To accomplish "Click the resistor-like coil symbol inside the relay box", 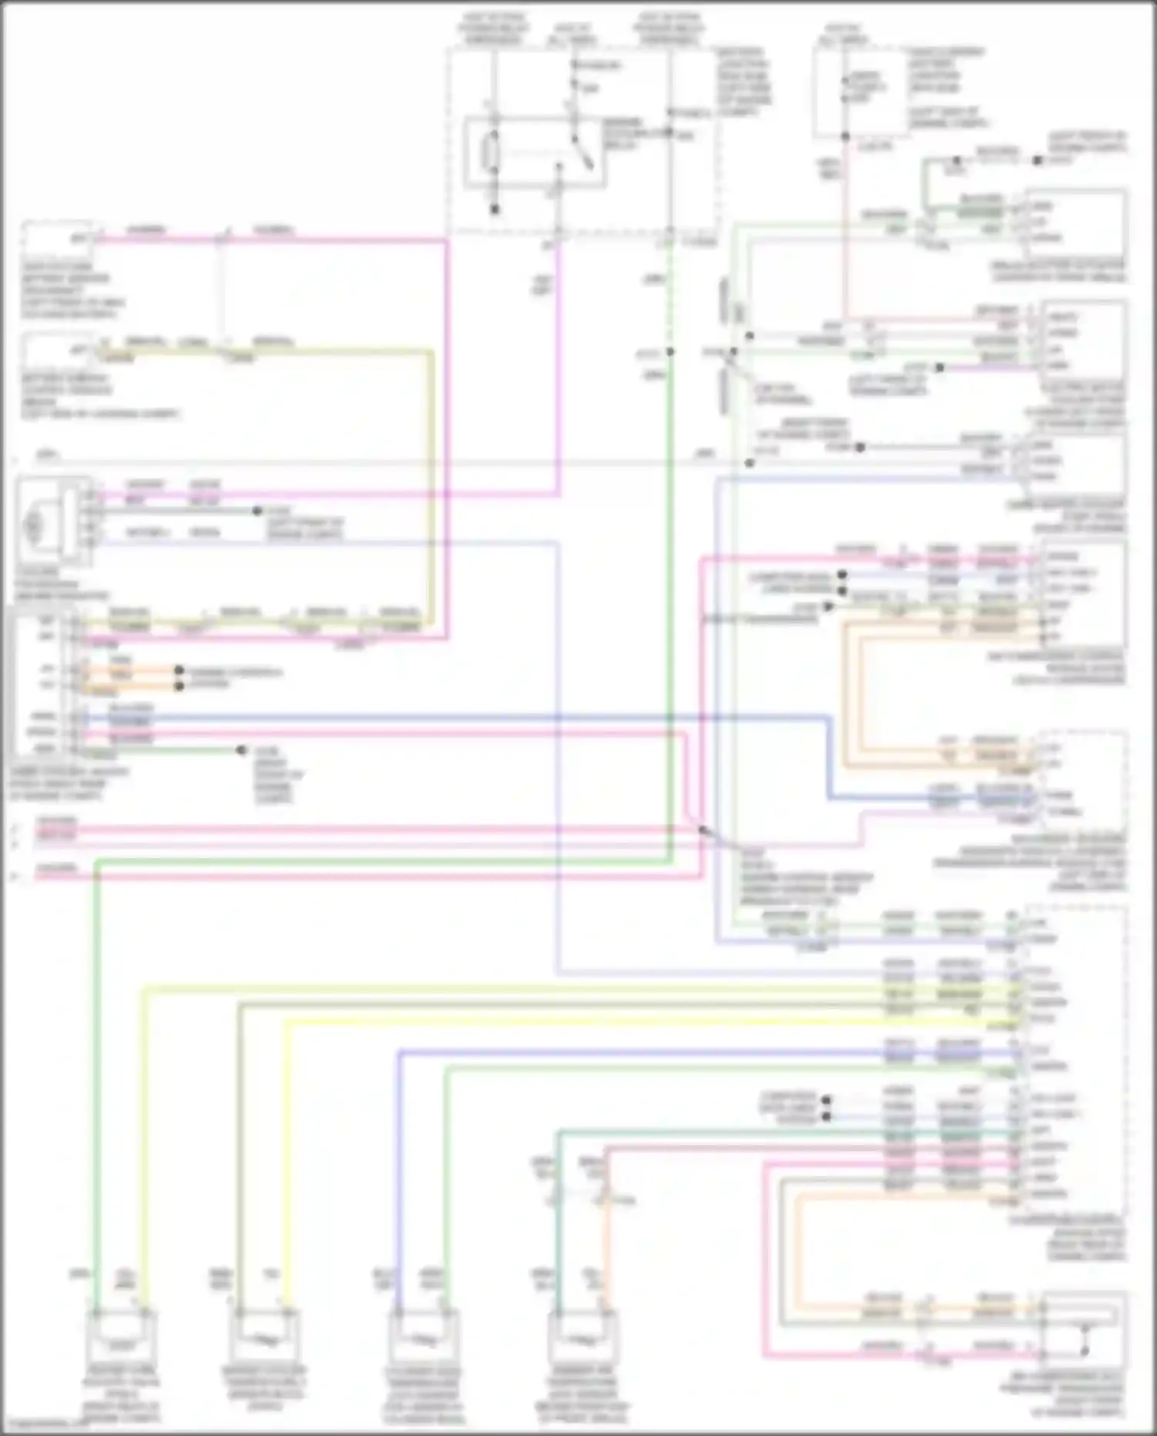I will coord(488,154).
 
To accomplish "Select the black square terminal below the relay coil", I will coord(495,208).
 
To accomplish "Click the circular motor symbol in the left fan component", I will coord(33,524).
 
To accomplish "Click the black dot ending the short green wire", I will coord(241,750).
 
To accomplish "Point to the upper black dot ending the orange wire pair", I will coord(179,671).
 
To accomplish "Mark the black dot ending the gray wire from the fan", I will coord(258,511).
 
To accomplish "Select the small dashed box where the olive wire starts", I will coord(58,351).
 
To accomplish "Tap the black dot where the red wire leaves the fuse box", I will coord(845,137).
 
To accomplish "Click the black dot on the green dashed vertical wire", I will coord(670,352).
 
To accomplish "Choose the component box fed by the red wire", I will coord(1084,340).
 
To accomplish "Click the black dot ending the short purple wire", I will coord(939,368).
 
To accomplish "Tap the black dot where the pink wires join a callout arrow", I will coord(703,830).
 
